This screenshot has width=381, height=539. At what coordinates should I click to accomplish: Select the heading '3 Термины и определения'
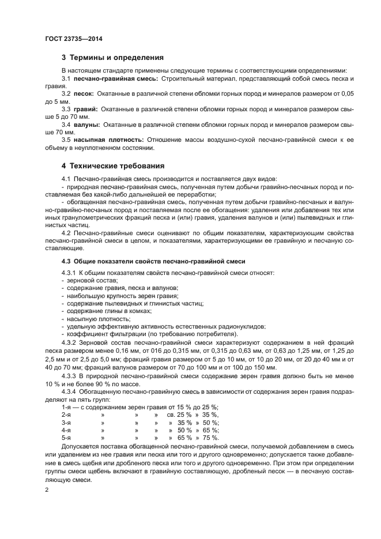point(112,58)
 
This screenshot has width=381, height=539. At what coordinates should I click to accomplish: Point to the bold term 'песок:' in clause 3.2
point(84,93)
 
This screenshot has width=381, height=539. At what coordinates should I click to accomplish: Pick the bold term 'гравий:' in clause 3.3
point(86,108)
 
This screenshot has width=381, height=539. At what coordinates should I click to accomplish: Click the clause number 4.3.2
point(70,342)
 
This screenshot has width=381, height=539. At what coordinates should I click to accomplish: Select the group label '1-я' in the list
point(66,407)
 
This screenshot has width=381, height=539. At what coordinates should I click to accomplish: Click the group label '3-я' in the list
point(66,423)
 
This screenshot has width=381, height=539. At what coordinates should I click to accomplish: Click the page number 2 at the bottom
point(47,490)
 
